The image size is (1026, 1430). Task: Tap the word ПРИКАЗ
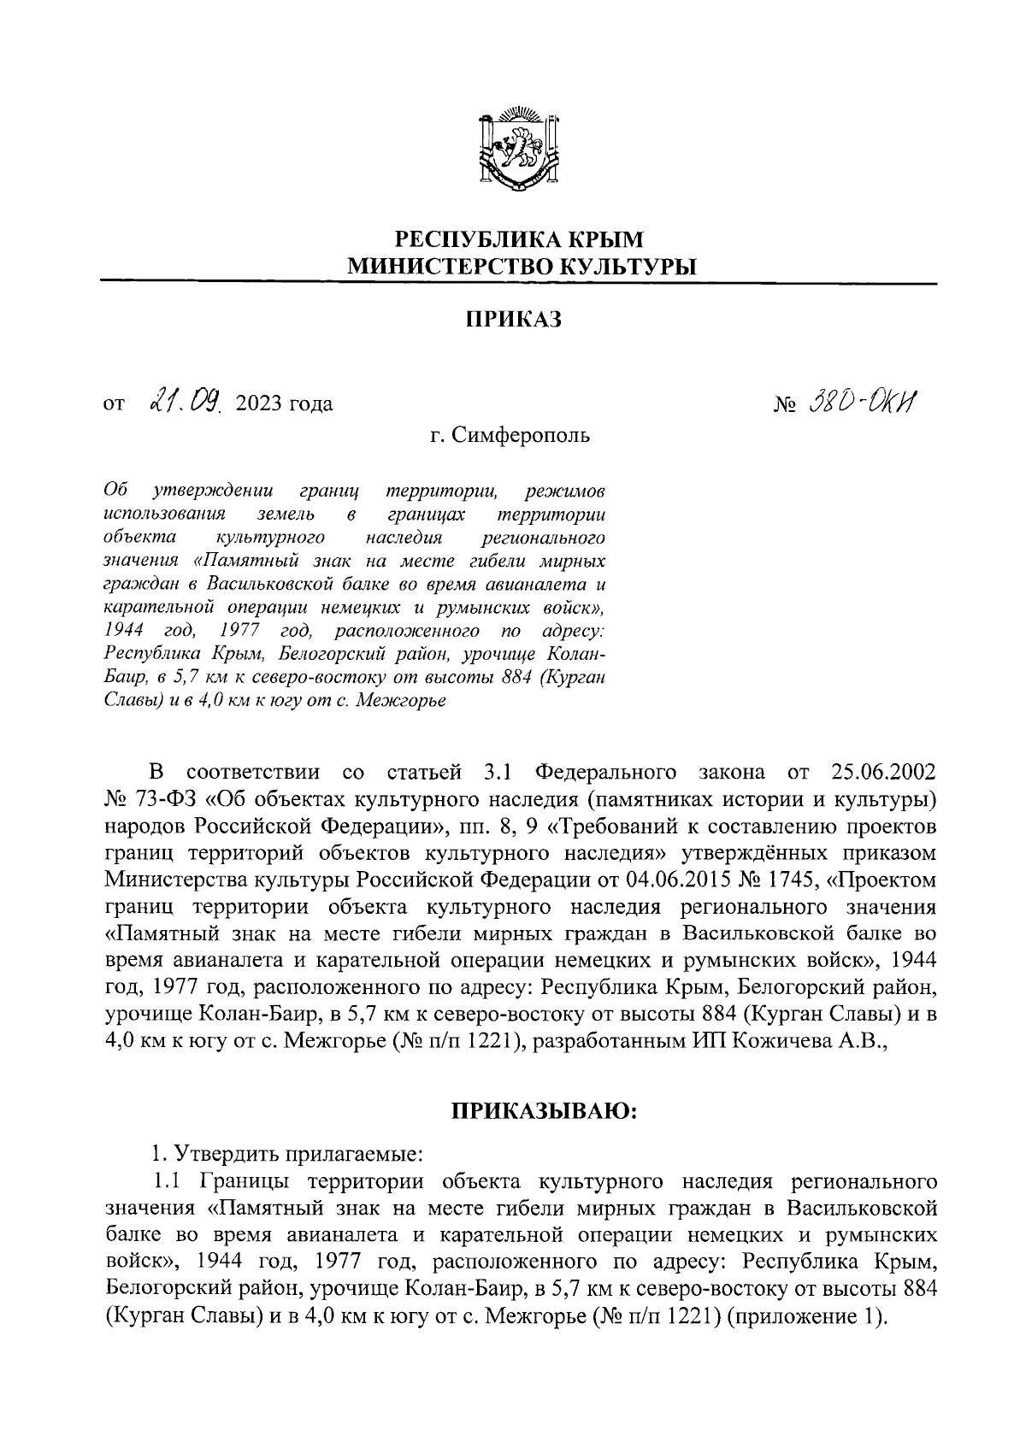(513, 320)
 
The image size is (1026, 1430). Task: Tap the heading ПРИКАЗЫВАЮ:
(544, 1111)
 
